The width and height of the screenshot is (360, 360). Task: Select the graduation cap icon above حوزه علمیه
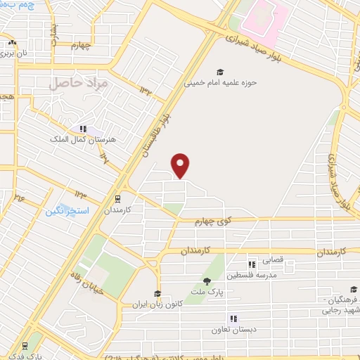(221, 72)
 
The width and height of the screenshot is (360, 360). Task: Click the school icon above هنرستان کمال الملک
(84, 129)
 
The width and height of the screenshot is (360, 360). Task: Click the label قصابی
(273, 260)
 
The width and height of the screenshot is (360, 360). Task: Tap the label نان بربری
(12, 52)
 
